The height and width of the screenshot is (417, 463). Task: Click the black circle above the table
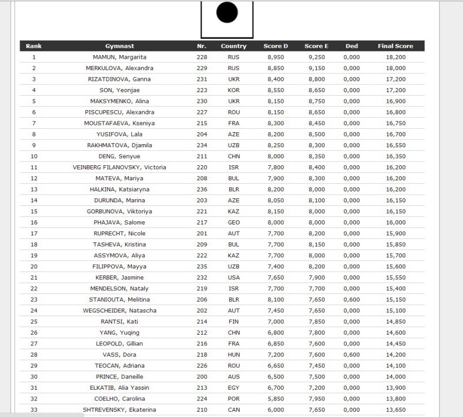227,13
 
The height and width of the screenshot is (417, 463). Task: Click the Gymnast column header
119,46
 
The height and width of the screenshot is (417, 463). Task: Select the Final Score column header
395,46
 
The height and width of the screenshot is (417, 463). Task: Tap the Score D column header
276,46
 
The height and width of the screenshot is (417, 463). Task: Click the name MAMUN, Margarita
119,57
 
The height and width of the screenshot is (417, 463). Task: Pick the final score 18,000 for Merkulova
396,68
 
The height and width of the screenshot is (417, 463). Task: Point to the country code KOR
233,90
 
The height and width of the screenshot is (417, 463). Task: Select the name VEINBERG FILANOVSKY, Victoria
119,167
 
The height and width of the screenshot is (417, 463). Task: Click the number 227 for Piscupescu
202,112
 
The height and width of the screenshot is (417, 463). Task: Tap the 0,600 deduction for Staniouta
352,300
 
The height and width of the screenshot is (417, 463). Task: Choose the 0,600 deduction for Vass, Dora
352,355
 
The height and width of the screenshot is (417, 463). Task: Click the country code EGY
233,388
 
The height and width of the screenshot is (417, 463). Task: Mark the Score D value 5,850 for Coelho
276,398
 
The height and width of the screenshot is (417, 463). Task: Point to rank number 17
34,233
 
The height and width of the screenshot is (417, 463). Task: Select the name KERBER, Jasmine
119,277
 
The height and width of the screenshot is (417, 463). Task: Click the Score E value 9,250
316,57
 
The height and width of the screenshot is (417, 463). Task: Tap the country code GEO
233,222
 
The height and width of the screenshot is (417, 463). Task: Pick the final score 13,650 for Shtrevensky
396,410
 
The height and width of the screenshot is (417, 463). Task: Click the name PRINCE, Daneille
119,376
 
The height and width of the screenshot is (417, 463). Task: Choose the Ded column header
352,46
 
